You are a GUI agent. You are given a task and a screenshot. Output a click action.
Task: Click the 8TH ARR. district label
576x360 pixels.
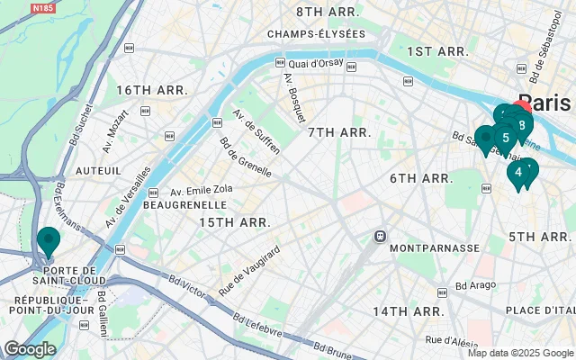pos(328,12)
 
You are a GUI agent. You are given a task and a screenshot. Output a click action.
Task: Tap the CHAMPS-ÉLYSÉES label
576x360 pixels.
pos(315,33)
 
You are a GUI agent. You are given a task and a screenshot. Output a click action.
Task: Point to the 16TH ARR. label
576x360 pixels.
pos(151,90)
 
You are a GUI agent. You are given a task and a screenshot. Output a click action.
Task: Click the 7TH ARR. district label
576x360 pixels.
pos(339,132)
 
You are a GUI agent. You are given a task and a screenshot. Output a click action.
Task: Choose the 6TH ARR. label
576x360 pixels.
pos(420,178)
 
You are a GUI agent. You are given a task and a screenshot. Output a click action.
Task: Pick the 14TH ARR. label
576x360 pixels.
pos(409,310)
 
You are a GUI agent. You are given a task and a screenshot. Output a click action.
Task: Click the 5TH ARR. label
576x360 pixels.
pos(540,237)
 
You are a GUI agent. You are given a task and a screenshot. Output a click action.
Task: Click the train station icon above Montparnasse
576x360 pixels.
pos(381,236)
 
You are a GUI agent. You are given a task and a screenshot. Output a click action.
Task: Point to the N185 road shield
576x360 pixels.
pos(40,7)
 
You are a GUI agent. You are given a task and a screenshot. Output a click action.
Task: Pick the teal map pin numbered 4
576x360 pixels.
pos(518,171)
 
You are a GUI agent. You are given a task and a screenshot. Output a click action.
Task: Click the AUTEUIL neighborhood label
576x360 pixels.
pos(98,170)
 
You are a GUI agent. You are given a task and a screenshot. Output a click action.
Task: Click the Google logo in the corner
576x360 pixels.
pos(30,349)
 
